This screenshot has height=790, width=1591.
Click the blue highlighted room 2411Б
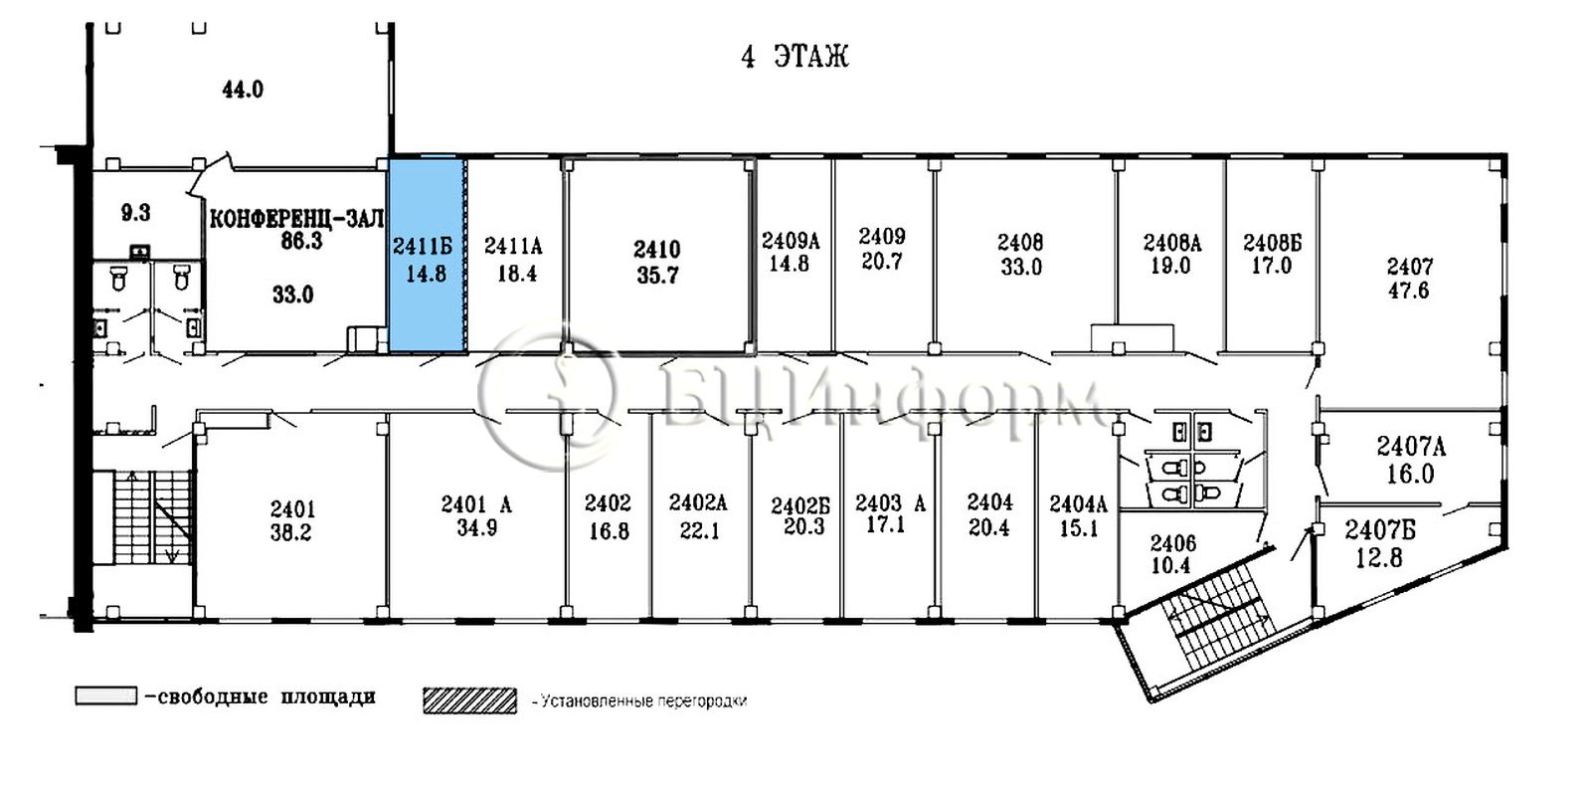pos(426,255)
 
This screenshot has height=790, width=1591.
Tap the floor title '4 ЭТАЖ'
pos(795,56)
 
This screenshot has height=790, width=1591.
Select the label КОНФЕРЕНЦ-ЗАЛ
pos(296,218)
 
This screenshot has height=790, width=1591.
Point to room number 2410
pos(657,250)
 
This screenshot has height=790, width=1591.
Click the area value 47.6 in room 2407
pos(1408,291)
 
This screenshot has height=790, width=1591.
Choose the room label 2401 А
pos(476,504)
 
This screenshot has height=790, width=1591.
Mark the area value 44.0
pos(243,90)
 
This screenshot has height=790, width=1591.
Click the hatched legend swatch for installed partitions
pos(470,699)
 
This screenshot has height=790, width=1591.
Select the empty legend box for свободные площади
pos(106,695)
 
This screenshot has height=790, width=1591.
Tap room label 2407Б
pos(1380,530)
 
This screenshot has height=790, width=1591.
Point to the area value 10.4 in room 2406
pos(1172,565)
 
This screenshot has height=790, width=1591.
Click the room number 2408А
pos(1172,243)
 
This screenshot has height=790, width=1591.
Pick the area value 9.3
pos(135,212)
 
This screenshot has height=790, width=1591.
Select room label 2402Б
pos(800,505)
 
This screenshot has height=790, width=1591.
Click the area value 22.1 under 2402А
pos(700,530)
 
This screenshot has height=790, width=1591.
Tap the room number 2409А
pos(791,241)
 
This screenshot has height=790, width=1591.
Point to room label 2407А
pos(1411,446)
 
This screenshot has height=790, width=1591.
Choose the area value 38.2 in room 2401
pos(290,532)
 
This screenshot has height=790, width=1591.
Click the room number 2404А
pos(1078,503)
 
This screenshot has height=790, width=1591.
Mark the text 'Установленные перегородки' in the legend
pos(643,701)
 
